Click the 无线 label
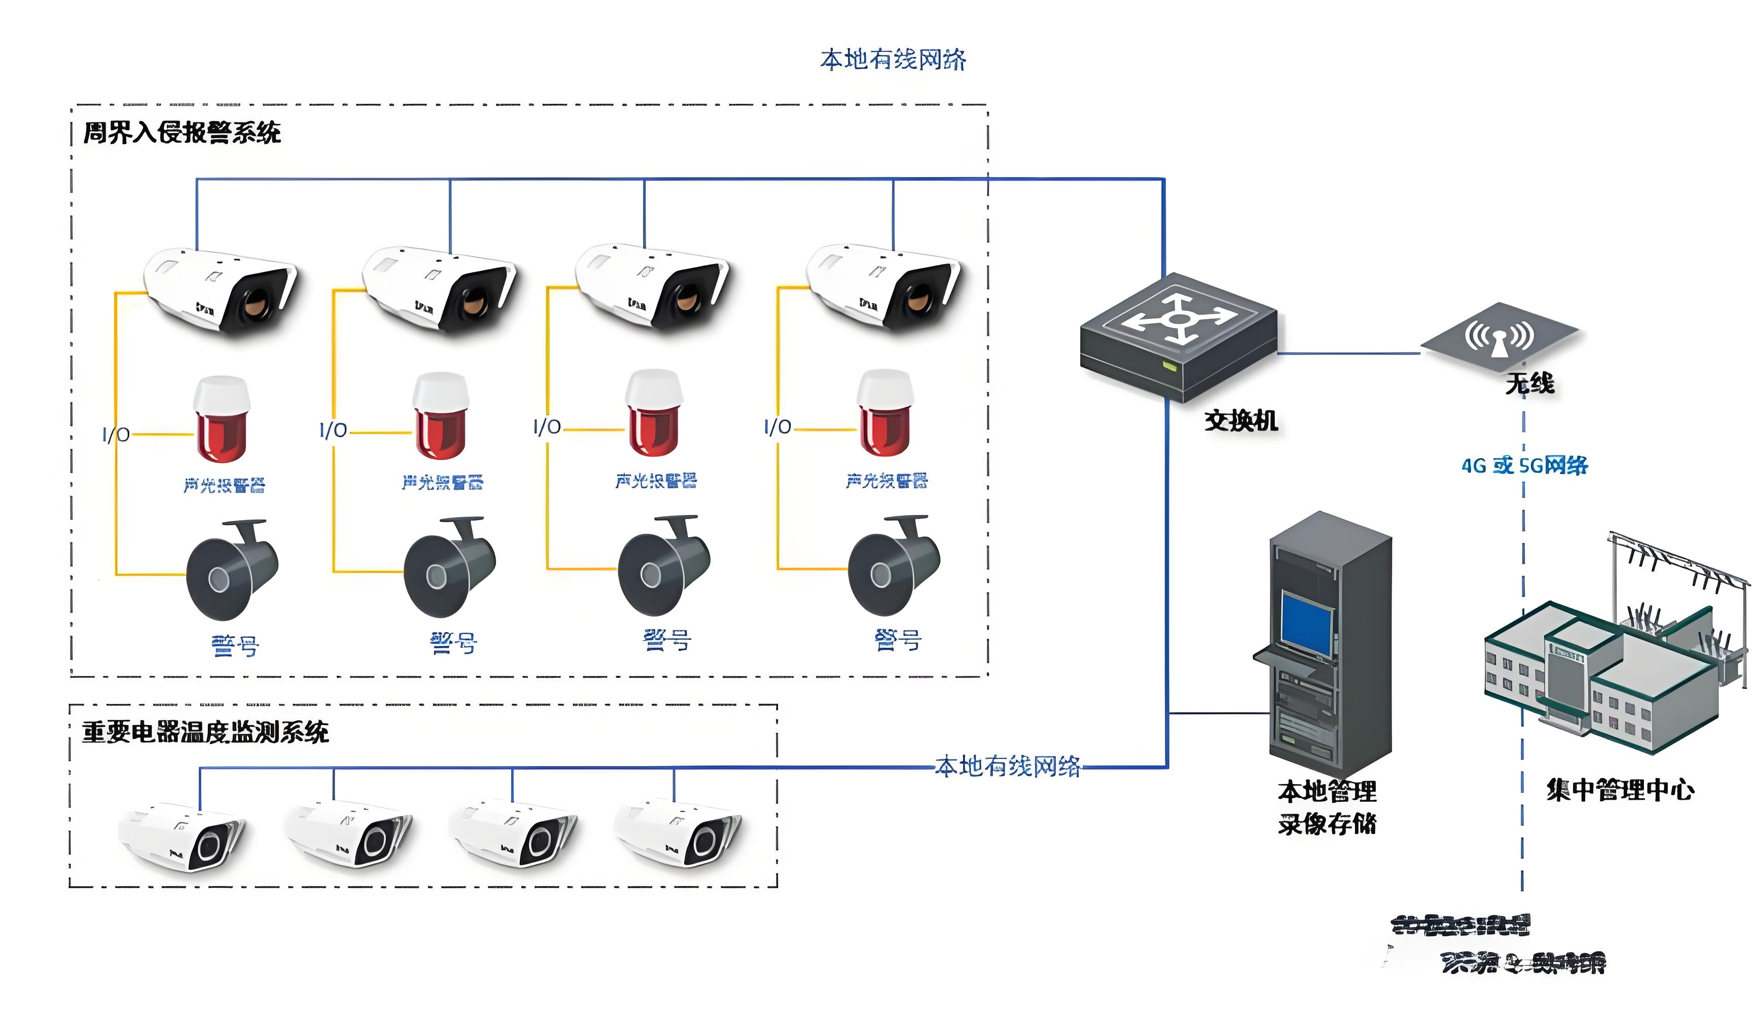click(1529, 383)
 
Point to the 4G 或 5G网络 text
click(1524, 465)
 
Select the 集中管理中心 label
click(1620, 790)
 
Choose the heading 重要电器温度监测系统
click(205, 732)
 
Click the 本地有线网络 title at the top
click(893, 60)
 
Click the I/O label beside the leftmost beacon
click(116, 435)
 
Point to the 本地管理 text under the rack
click(1326, 792)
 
